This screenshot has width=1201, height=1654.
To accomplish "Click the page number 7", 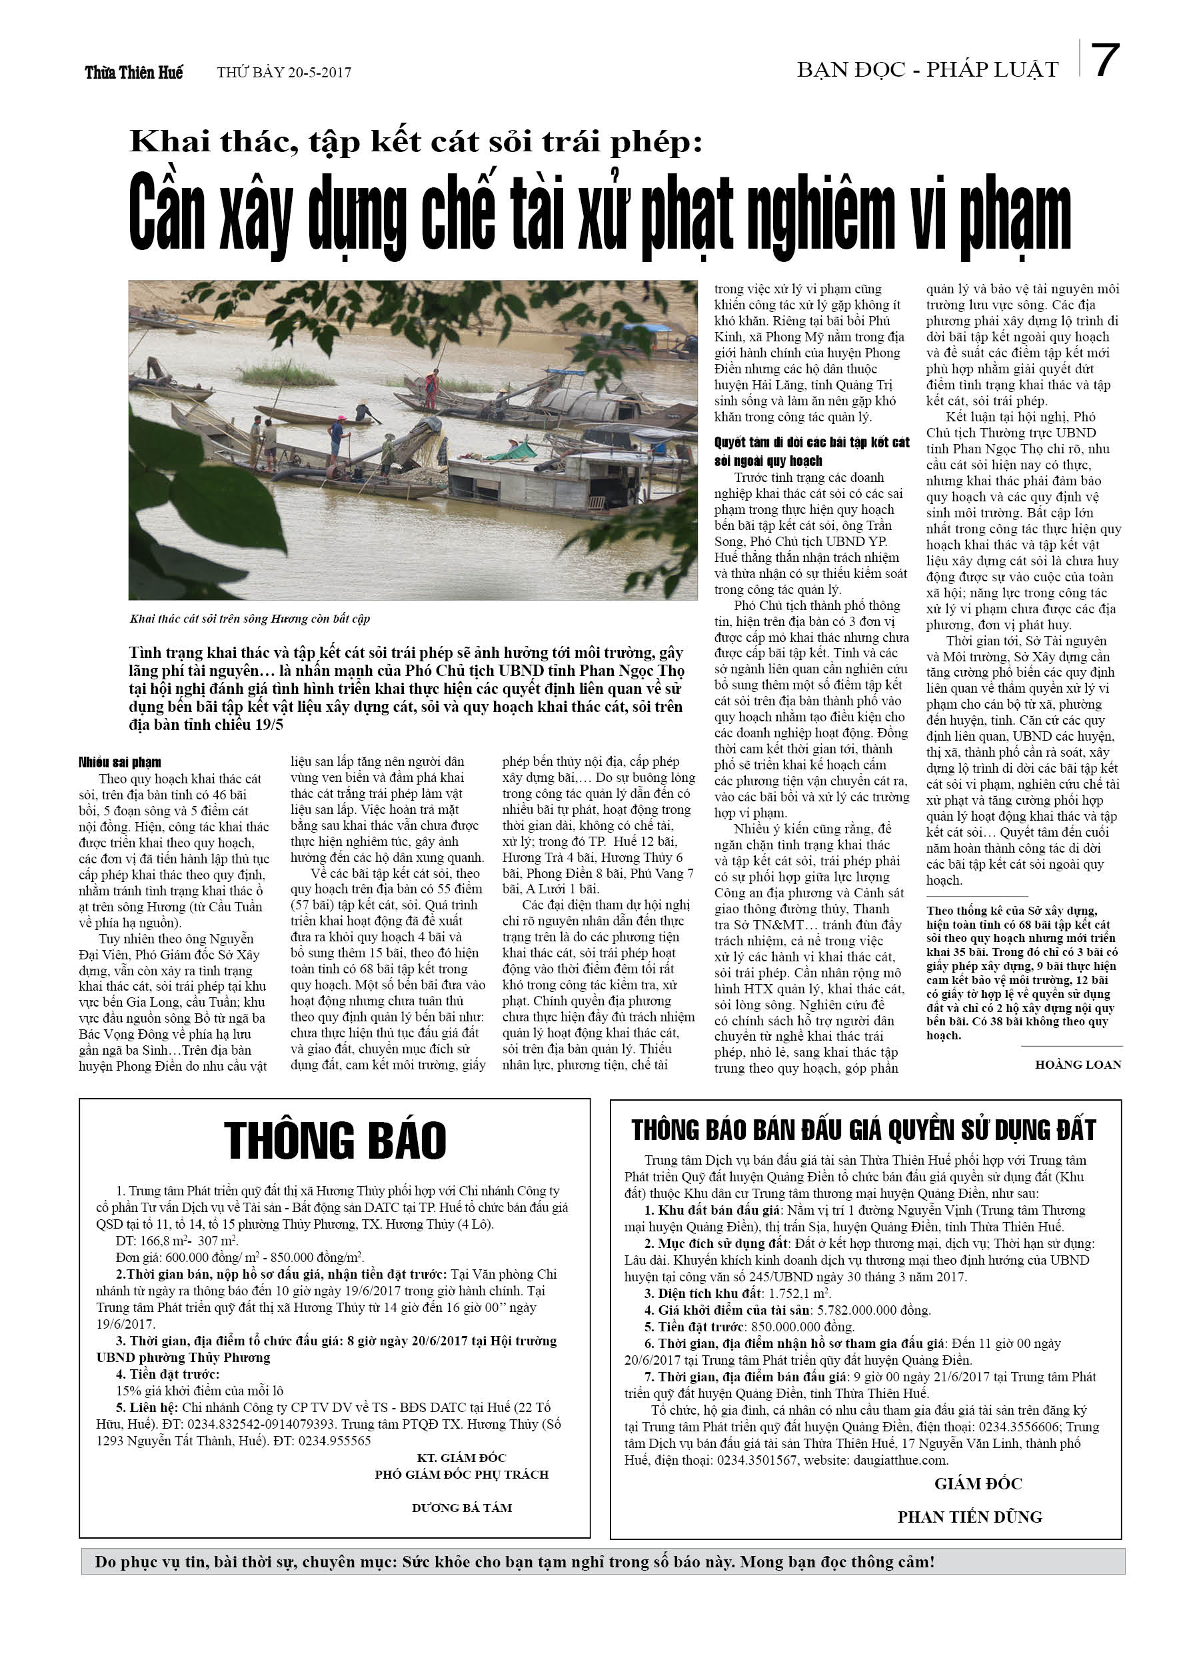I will (x=1106, y=61).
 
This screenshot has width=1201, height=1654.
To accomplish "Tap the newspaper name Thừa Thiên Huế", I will (x=133, y=72).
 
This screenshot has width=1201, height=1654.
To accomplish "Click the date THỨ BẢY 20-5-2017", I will (x=284, y=73).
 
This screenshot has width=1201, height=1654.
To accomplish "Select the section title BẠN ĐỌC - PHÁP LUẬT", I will (x=928, y=70).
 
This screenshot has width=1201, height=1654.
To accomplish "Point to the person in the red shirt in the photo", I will (x=433, y=387).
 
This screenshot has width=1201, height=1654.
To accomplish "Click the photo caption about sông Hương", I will (x=250, y=619).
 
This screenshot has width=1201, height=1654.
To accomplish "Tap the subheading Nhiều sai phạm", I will (x=119, y=762).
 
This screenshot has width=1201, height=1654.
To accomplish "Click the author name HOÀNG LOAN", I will (x=1078, y=1064).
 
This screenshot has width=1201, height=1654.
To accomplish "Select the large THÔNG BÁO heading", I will (x=335, y=1140).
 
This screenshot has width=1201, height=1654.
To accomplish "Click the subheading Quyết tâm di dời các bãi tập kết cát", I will (x=812, y=443).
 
